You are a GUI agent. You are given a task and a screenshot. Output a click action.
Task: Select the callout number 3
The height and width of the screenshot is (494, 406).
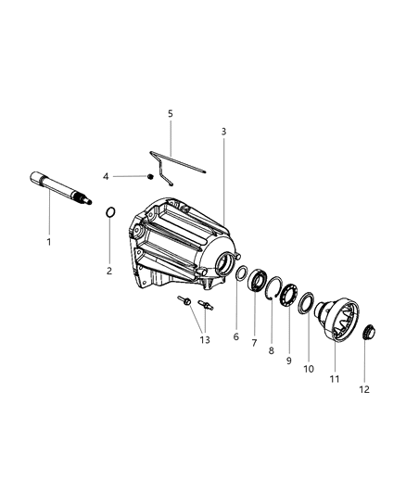click(x=223, y=132)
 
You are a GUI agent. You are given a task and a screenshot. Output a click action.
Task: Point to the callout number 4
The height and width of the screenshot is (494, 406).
click(x=132, y=176)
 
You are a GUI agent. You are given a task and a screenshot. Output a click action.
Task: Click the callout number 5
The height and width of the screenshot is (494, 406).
click(x=170, y=114)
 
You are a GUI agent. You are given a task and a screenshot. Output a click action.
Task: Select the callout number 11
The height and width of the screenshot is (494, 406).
click(x=335, y=377)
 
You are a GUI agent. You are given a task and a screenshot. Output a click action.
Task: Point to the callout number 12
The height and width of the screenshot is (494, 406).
click(x=364, y=389)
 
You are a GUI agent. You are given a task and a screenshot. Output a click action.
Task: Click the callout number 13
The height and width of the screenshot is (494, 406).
click(x=205, y=339)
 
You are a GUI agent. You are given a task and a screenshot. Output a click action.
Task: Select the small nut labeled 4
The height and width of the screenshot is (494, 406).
click(x=149, y=175)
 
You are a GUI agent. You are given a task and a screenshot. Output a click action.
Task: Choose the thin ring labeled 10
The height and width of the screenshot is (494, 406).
click(x=308, y=303)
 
